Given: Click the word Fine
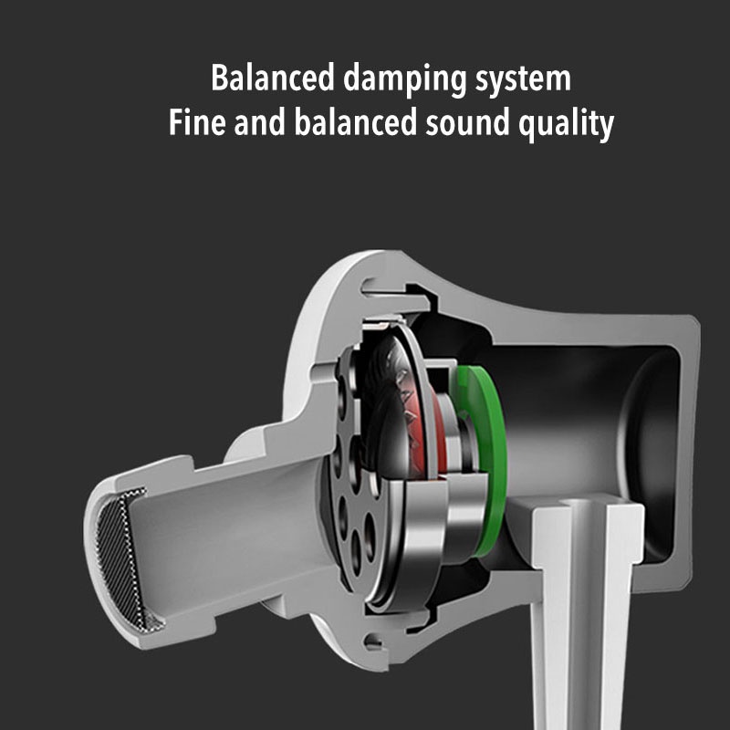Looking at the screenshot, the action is click(x=197, y=123).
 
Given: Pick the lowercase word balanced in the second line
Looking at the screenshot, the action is click(x=340, y=123).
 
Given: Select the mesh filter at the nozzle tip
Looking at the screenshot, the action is click(x=123, y=557).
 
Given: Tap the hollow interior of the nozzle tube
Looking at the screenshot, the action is click(x=228, y=538).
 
